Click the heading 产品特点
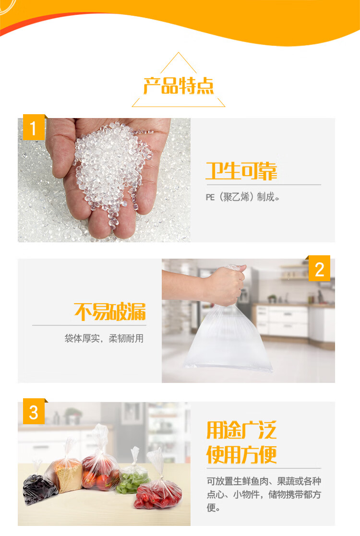tap(179, 86)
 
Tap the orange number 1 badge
tap(34, 127)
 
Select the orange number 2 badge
tap(319, 268)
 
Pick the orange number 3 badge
tap(34, 411)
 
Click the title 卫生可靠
tap(241, 171)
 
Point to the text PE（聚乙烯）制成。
tap(242, 197)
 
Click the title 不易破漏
tap(110, 312)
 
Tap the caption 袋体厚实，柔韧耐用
tap(104, 338)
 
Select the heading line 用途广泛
tap(241, 430)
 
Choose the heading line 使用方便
tap(241, 454)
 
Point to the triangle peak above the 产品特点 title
tap(179, 52)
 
